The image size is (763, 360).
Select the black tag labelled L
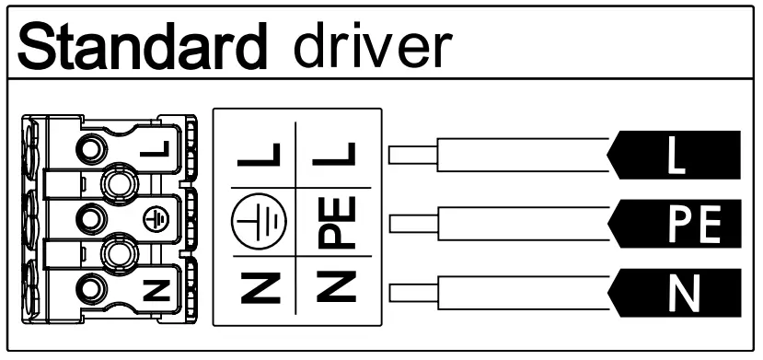click(676, 154)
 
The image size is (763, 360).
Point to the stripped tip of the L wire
click(410, 154)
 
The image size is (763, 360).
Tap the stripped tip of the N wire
click(410, 296)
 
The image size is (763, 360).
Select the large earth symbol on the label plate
click(261, 224)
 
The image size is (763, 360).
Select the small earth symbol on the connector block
click(156, 218)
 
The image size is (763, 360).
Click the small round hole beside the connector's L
click(90, 147)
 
